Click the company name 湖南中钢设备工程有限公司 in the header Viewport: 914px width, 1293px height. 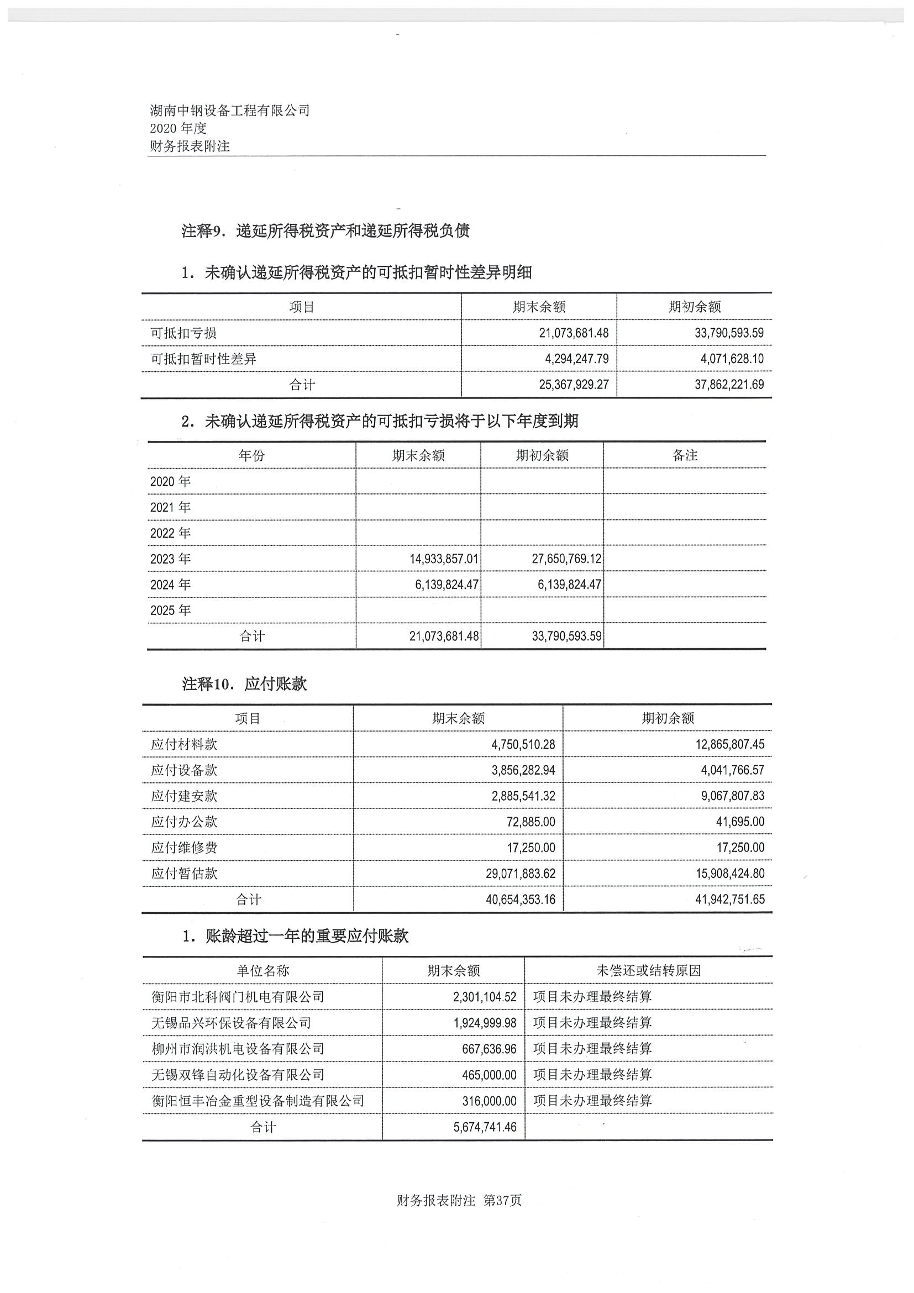230,111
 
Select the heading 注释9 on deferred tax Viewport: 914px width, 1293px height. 325,231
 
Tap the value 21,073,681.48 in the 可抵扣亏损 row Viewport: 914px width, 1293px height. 573,333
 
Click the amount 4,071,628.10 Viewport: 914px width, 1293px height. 732,359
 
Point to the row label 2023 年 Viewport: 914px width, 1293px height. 170,559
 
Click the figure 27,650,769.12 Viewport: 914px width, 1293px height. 566,559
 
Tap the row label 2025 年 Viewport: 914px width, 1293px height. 170,610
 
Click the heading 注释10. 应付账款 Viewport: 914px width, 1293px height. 244,684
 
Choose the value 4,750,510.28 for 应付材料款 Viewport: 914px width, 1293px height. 523,744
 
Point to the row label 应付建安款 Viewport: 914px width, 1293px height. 184,796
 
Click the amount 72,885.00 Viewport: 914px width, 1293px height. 530,822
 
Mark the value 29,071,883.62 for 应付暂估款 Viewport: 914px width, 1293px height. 521,874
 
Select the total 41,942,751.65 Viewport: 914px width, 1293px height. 730,900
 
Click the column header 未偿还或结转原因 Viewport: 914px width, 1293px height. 648,970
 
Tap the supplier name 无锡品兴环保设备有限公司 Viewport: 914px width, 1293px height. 232,1022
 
